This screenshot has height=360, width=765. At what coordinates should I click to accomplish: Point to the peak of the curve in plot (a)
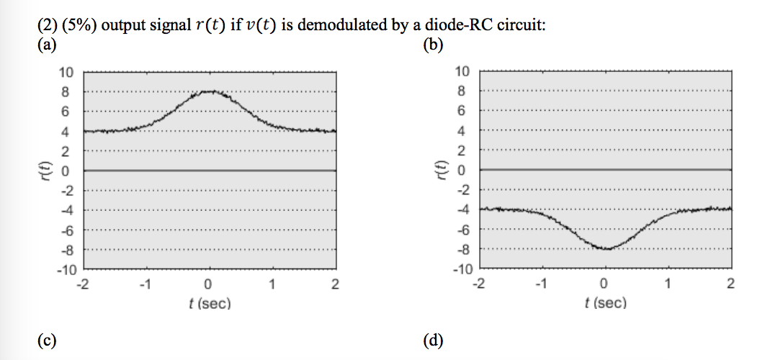(x=209, y=91)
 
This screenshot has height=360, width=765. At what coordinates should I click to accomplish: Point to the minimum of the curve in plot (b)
(x=605, y=248)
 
